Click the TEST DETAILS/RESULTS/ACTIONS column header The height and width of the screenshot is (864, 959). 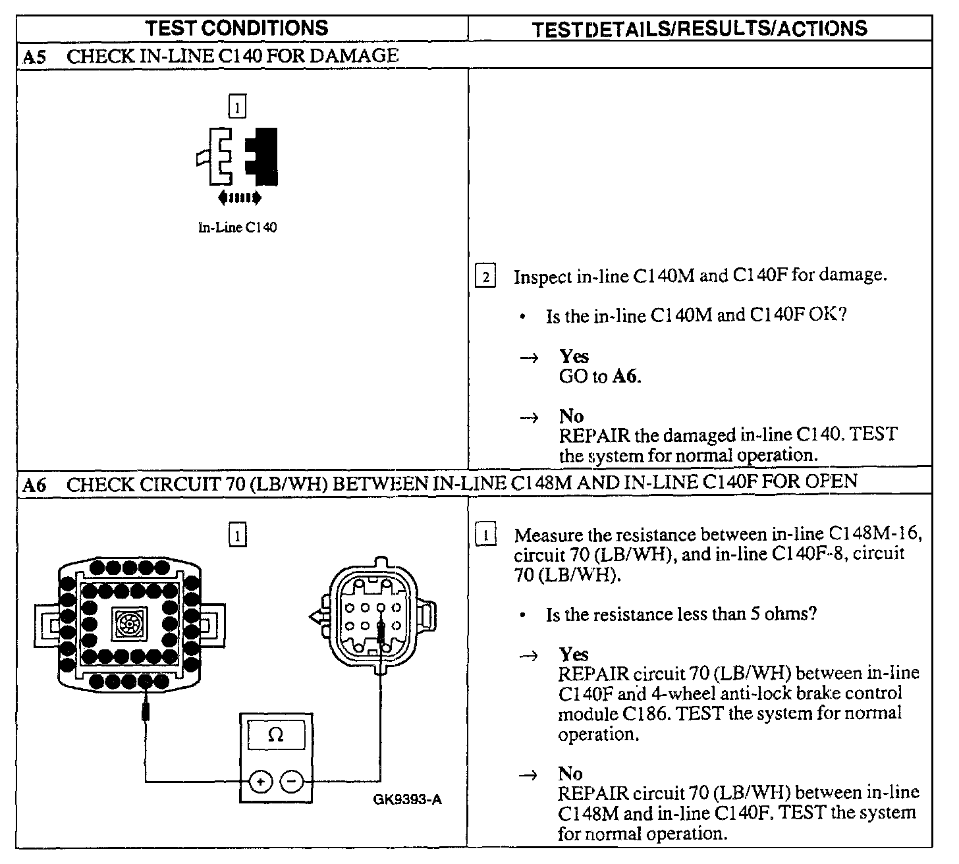click(x=699, y=28)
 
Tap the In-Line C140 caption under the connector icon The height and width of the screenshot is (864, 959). click(x=237, y=228)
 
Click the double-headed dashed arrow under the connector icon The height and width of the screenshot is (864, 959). click(x=238, y=197)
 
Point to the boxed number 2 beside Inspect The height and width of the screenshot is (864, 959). click(x=485, y=277)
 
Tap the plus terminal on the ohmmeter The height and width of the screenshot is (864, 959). click(x=260, y=782)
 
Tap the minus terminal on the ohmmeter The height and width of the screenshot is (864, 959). click(x=292, y=782)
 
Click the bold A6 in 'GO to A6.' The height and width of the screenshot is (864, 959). click(x=626, y=377)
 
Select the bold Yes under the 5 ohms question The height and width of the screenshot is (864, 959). click(x=573, y=654)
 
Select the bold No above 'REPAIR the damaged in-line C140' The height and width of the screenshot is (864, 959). click(x=571, y=416)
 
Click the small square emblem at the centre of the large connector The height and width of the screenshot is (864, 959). click(x=126, y=623)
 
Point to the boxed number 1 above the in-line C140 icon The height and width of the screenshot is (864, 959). click(x=237, y=106)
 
